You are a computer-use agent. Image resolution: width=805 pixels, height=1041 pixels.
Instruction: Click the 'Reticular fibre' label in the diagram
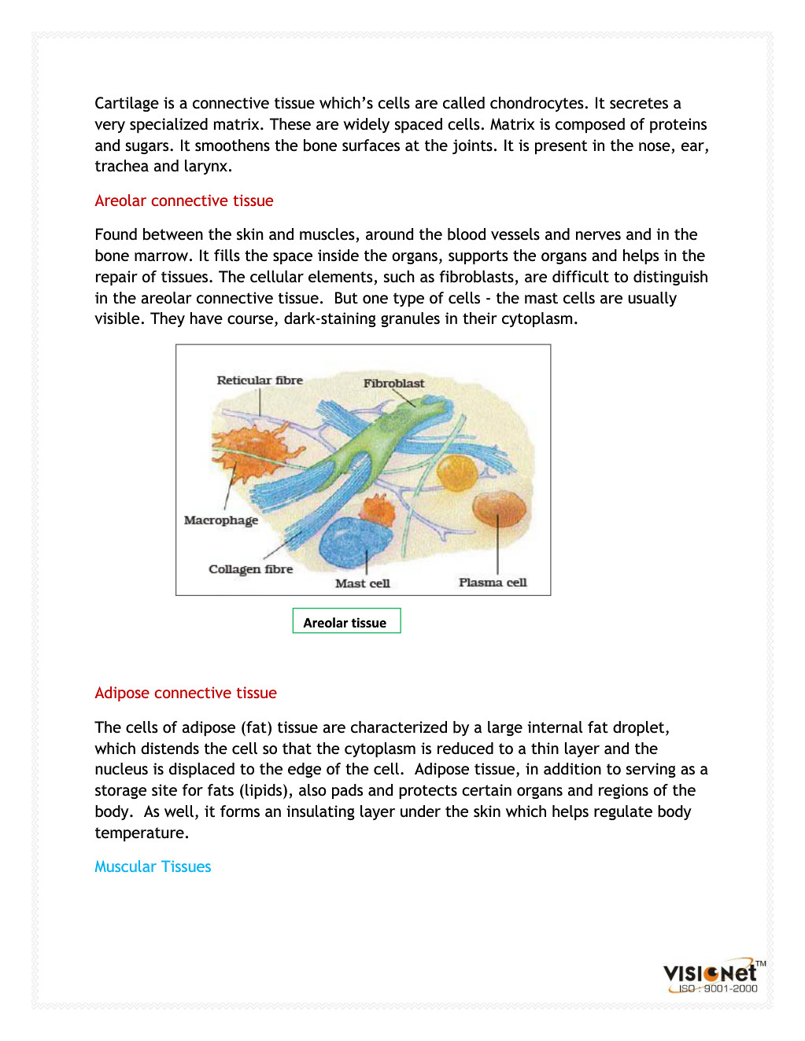point(260,381)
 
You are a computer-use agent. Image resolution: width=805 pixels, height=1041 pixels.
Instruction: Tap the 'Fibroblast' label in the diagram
point(393,384)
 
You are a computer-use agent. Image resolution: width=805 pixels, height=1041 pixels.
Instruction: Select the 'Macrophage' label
point(221,520)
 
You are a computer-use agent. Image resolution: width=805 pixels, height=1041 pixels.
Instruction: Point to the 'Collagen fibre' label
point(250,569)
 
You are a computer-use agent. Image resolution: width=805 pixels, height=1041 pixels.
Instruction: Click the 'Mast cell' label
point(362,583)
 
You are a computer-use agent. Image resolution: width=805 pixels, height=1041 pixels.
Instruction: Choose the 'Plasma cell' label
point(493,583)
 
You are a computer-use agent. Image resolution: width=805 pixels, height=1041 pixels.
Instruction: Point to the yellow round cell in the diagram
point(457,472)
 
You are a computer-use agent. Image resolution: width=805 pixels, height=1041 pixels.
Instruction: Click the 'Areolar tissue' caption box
point(346,621)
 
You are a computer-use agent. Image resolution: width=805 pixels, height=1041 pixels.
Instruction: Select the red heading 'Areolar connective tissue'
point(184,201)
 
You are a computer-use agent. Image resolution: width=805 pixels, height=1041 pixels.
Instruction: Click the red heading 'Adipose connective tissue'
point(186,693)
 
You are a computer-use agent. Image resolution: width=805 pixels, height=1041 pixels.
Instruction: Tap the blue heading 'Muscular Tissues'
point(153,867)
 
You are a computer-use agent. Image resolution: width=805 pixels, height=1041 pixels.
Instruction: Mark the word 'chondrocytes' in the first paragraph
point(537,104)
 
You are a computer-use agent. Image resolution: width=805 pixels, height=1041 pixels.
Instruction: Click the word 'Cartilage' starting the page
point(127,104)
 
